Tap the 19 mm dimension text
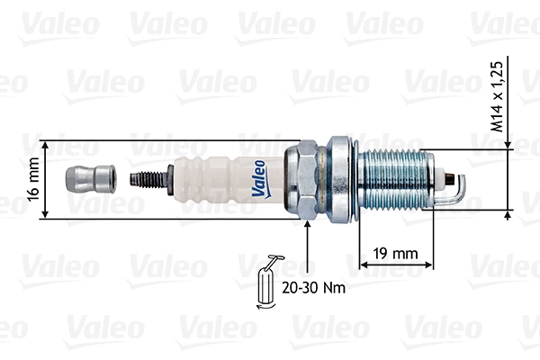pos(397,253)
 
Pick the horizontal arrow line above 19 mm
pos(397,265)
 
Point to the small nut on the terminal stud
pos(169,178)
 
